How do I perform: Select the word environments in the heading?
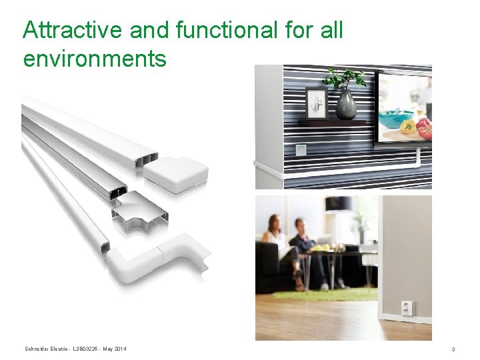tap(94, 59)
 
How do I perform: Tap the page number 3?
tap(453, 349)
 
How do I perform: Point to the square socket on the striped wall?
tap(301, 150)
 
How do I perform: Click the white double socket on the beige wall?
tap(406, 307)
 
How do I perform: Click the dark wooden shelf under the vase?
tap(333, 123)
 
